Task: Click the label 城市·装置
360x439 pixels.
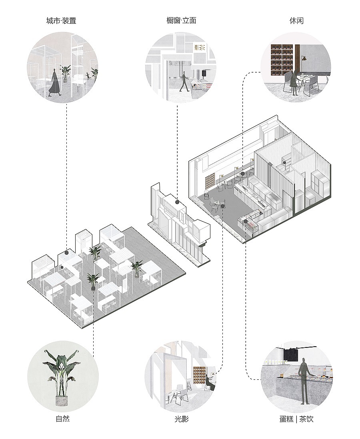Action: (x=61, y=21)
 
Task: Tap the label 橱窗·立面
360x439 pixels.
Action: (x=181, y=21)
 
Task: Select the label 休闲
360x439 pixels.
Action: (x=296, y=21)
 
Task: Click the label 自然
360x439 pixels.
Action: (x=62, y=419)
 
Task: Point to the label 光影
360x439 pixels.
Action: (x=181, y=419)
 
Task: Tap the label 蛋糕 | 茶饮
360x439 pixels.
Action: (x=296, y=419)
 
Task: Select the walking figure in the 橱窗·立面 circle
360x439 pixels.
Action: (x=184, y=81)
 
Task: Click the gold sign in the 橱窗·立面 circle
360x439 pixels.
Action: (x=200, y=48)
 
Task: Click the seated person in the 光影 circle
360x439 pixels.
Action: (x=209, y=380)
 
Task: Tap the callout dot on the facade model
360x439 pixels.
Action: (x=177, y=202)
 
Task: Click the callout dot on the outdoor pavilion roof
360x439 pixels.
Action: (x=67, y=253)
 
